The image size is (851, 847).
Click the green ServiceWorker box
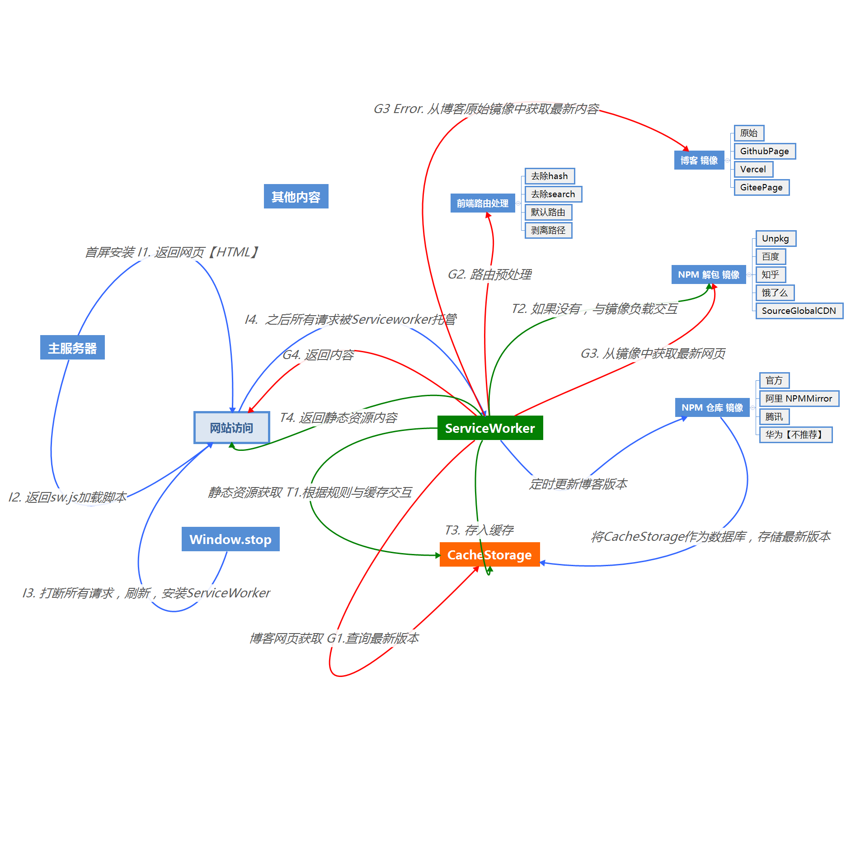(490, 428)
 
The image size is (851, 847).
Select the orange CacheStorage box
(489, 554)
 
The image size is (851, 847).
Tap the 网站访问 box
(231, 427)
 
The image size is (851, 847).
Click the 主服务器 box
(72, 347)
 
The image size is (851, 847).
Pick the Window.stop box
(230, 539)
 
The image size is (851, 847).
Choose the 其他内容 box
(296, 196)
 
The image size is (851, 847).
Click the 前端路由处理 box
(483, 203)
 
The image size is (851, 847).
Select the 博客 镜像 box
(699, 160)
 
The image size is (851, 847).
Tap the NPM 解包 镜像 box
(709, 274)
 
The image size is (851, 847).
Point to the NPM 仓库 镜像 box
(712, 407)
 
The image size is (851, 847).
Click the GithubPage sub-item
(765, 151)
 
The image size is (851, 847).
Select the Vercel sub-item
(753, 169)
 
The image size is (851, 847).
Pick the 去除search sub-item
(553, 194)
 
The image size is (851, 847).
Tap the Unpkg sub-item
(776, 238)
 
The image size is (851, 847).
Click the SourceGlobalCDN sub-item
(799, 311)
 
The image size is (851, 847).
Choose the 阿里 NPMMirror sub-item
(799, 398)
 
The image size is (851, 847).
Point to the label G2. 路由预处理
(489, 274)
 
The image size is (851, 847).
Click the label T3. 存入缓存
(479, 530)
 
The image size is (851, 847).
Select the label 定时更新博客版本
(578, 484)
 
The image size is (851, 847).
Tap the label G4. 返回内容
(318, 355)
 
